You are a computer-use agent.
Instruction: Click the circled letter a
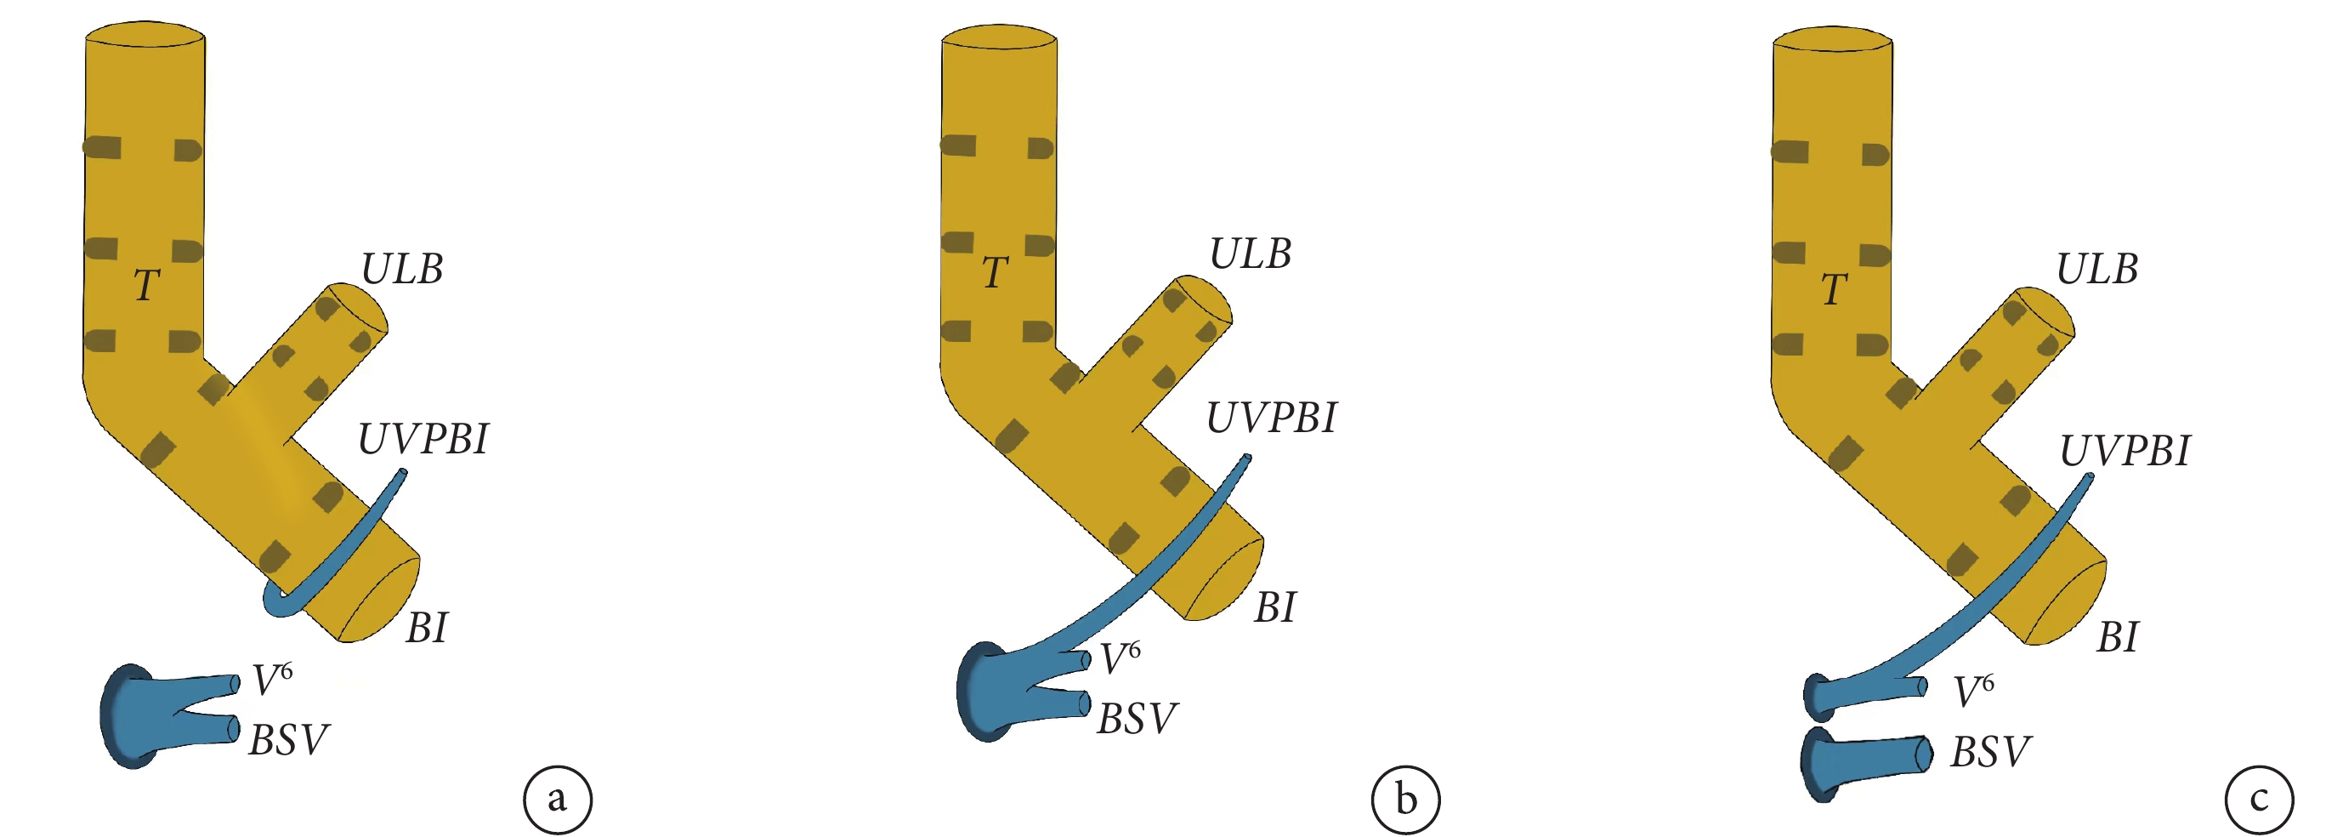[558, 800]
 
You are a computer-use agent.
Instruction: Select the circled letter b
[1406, 800]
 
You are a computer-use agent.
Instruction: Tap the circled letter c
[2260, 800]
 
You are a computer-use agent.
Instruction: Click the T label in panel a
[147, 286]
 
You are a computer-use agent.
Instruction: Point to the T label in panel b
[995, 272]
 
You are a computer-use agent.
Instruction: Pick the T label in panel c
[1834, 289]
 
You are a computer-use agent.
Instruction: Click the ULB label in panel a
[402, 270]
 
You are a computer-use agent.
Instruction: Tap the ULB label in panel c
[2096, 270]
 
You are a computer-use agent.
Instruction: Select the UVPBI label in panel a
[423, 440]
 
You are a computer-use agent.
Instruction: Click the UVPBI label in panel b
[1271, 418]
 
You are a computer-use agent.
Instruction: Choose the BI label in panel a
[427, 629]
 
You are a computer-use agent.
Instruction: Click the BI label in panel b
[1274, 607]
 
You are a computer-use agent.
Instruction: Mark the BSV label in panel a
[288, 741]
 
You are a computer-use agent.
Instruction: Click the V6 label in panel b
[1120, 658]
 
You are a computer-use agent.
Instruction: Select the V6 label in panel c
[1974, 691]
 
